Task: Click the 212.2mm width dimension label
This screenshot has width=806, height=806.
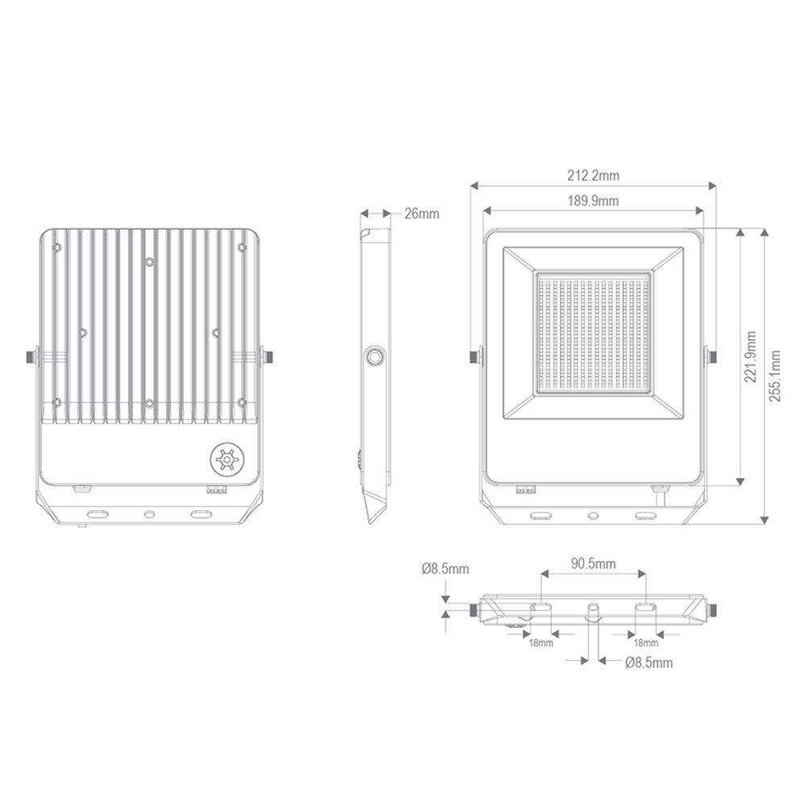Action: click(x=593, y=176)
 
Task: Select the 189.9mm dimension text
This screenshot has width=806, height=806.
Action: click(x=593, y=201)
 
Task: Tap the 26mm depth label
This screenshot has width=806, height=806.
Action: click(x=422, y=214)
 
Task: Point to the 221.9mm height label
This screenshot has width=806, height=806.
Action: click(x=751, y=357)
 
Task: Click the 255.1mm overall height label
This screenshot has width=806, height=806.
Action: click(x=775, y=376)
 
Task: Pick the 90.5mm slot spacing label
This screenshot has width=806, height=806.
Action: click(x=593, y=564)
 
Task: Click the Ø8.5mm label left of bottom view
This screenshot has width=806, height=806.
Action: click(x=445, y=569)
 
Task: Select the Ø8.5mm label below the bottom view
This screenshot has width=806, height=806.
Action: click(x=649, y=663)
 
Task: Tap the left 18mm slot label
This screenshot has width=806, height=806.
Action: click(x=542, y=642)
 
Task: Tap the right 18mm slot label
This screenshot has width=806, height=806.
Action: click(x=646, y=642)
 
